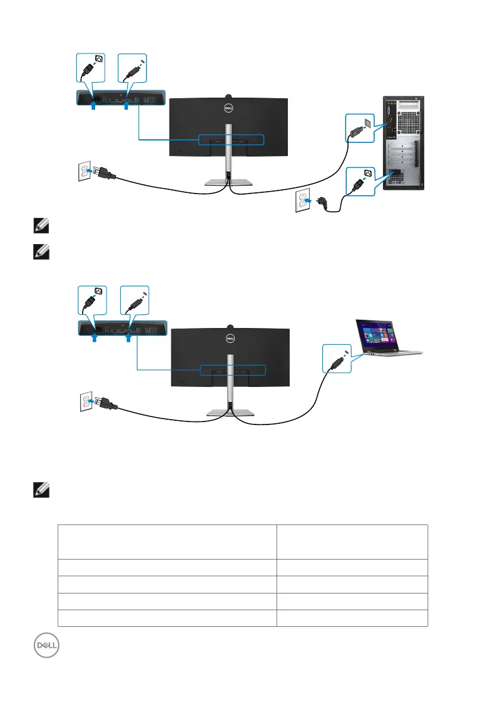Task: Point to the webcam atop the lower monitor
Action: point(231,326)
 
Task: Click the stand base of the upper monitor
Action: point(228,182)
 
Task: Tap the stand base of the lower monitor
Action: point(231,413)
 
